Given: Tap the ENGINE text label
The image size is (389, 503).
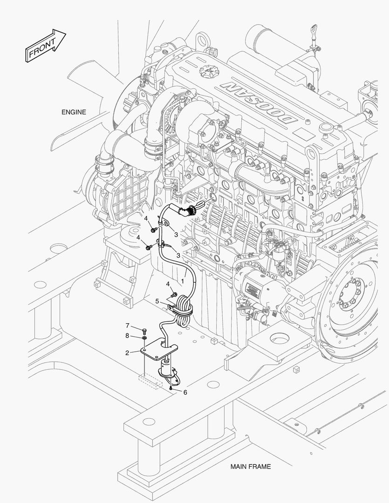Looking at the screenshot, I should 74,112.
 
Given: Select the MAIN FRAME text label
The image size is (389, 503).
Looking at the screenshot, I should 250,466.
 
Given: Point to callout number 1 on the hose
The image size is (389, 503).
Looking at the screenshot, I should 183,281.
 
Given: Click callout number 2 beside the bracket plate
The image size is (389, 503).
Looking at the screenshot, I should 127,353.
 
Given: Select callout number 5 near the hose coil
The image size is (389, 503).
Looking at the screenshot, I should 157,301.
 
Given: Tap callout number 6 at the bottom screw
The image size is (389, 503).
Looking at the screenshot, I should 185,392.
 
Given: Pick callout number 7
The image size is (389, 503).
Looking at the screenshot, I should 127,325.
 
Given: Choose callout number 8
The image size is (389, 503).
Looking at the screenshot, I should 127,335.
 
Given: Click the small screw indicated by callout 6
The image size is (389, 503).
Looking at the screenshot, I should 171,387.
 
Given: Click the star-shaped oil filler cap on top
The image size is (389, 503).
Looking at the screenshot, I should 205,72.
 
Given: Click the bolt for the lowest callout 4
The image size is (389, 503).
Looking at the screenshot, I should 174,294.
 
